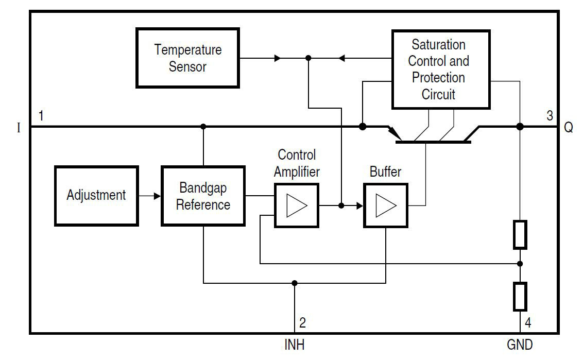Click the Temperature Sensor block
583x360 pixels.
(x=187, y=58)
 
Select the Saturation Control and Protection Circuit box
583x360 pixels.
(x=440, y=69)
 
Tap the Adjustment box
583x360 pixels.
(x=96, y=195)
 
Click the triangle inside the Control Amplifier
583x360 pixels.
(x=297, y=205)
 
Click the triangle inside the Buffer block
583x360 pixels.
(x=386, y=205)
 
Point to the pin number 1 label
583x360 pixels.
(x=41, y=116)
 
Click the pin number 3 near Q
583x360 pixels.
(x=549, y=116)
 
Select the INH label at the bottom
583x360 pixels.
(x=294, y=345)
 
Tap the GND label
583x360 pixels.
(x=520, y=345)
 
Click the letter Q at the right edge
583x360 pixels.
(x=568, y=128)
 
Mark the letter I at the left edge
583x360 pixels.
(x=19, y=128)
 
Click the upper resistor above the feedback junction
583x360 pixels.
(x=520, y=234)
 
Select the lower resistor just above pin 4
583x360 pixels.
(x=520, y=296)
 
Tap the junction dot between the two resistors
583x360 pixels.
(x=520, y=264)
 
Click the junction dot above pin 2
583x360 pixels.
(x=294, y=283)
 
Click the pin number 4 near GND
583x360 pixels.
(x=527, y=324)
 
